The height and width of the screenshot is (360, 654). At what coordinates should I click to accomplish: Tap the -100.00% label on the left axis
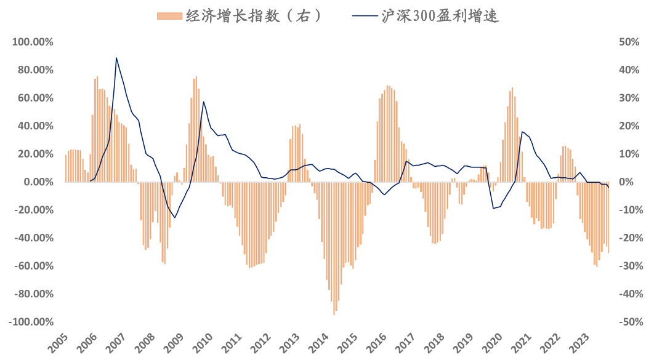[30, 322]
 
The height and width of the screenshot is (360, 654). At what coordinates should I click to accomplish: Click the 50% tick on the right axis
[629, 42]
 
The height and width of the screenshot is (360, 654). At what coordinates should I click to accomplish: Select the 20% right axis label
[629, 126]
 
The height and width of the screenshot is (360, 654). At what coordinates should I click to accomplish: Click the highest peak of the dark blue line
[116, 58]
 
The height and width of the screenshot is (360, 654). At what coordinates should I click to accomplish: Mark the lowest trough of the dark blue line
[175, 218]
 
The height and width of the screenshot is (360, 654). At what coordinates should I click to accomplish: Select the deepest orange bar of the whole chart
[334, 314]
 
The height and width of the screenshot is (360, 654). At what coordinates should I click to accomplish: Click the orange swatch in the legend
[170, 16]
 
